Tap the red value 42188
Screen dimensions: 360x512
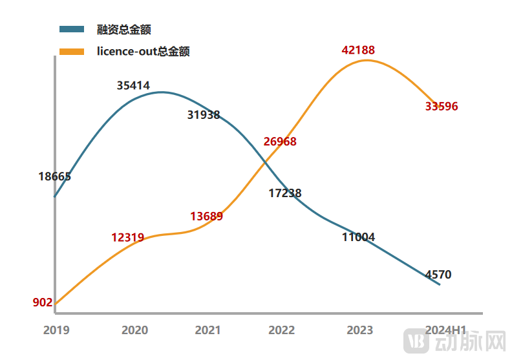tap(358, 50)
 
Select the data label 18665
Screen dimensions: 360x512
tap(54, 176)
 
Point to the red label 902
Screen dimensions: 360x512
tap(42, 302)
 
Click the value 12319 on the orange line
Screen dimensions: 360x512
tap(127, 237)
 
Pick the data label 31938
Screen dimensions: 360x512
tap(204, 115)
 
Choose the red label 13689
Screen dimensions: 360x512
tap(206, 217)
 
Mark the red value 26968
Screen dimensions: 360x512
tap(280, 142)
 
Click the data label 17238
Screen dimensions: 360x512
tap(285, 193)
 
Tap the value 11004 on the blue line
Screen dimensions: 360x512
tap(358, 237)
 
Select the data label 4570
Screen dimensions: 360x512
tap(438, 275)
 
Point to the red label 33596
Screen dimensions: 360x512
tap(442, 107)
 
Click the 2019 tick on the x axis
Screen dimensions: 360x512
tap(56, 330)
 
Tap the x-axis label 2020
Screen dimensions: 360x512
tap(134, 330)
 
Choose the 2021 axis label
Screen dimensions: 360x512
tap(208, 330)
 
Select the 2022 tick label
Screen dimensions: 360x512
tap(282, 330)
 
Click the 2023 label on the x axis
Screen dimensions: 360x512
tap(359, 330)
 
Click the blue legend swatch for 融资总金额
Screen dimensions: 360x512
tap(72, 29)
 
